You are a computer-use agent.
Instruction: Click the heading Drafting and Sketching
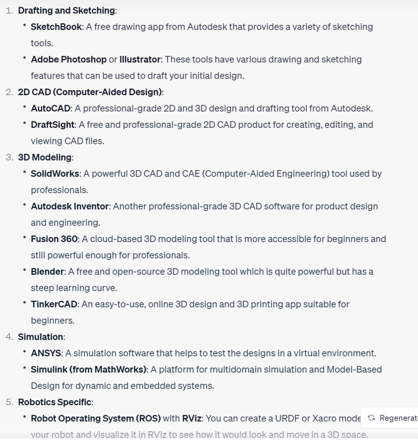click(67, 10)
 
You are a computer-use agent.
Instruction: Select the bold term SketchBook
click(56, 27)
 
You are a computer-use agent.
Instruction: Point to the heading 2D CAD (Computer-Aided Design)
click(90, 92)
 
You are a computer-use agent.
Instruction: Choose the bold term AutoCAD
click(50, 109)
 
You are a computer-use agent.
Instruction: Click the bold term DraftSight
click(53, 125)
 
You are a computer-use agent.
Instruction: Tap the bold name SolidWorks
click(55, 174)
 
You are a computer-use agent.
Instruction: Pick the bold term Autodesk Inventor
click(70, 207)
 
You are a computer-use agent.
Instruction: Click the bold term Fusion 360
click(54, 239)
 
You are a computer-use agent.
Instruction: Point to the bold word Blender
click(47, 272)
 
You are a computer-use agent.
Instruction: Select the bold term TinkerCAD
click(54, 304)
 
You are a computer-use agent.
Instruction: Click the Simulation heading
click(40, 337)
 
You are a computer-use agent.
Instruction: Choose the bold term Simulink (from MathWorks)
click(89, 370)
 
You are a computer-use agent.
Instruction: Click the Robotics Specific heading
click(55, 402)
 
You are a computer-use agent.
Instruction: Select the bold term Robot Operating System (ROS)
click(95, 418)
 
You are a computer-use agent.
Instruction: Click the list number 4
click(9, 337)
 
